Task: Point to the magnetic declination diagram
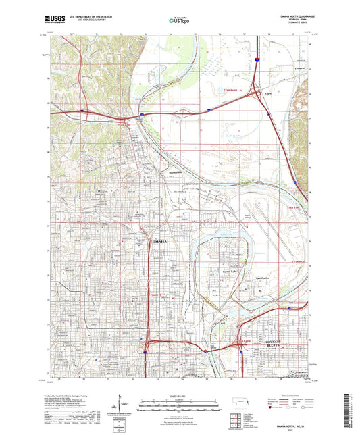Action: [124, 407]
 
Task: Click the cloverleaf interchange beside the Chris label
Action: [256, 95]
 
